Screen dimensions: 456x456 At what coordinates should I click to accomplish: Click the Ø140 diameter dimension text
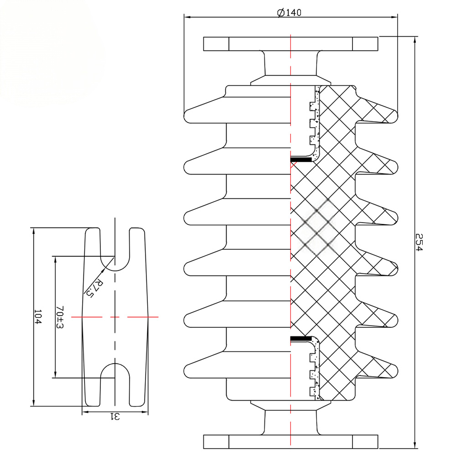click(290, 12)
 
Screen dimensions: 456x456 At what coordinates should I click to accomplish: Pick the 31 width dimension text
click(114, 416)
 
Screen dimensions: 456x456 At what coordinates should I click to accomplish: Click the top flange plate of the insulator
click(290, 44)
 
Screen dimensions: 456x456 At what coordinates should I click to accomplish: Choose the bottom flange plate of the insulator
click(290, 442)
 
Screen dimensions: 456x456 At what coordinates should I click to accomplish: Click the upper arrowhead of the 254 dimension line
click(414, 40)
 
